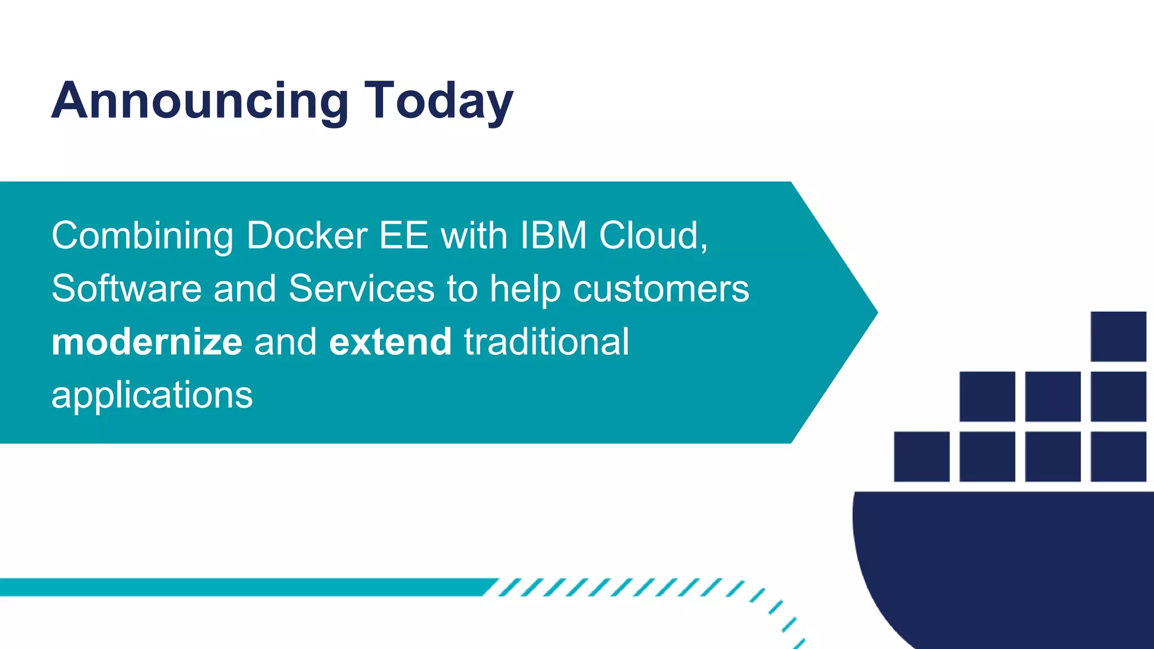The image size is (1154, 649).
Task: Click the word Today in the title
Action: click(x=438, y=101)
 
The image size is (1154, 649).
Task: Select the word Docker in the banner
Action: click(x=307, y=235)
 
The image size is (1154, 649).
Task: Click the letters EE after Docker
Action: click(x=403, y=235)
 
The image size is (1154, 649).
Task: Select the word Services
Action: click(x=361, y=288)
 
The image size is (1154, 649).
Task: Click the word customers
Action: click(x=661, y=288)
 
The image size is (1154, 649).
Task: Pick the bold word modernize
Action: click(x=147, y=342)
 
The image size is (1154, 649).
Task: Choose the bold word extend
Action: click(x=390, y=342)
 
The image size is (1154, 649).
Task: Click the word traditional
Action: click(x=546, y=342)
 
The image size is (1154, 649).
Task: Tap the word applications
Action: click(x=152, y=395)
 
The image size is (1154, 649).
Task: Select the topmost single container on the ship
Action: click(x=1118, y=336)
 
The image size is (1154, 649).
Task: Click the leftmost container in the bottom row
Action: click(x=921, y=456)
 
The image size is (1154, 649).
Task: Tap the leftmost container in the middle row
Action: click(x=987, y=396)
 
